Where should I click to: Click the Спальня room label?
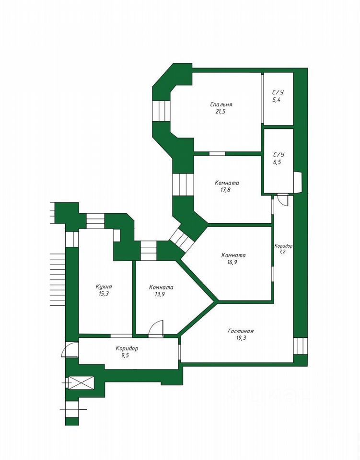click(221, 104)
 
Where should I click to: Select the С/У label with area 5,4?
click(279, 92)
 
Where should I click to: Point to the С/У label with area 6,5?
click(279, 155)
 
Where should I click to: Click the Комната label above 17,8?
click(227, 183)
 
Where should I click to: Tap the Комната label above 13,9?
click(161, 287)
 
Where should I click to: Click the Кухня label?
click(104, 287)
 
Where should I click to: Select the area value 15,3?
click(104, 294)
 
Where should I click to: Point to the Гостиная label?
click(241, 331)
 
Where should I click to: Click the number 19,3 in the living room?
click(241, 338)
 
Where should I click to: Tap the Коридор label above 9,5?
click(127, 348)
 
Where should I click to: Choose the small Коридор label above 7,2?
click(283, 246)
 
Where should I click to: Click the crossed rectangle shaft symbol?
click(81, 382)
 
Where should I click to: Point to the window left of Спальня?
click(161, 111)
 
